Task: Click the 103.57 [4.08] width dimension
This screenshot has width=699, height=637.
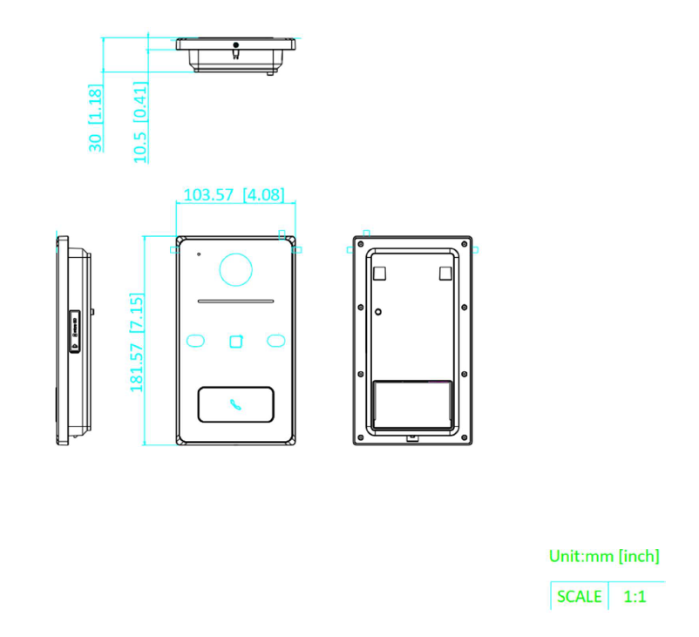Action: tap(234, 195)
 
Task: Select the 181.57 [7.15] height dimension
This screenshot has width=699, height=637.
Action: tap(137, 342)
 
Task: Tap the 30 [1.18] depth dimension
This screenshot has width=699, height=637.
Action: tap(95, 118)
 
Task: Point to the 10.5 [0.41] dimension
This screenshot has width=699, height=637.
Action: tap(140, 122)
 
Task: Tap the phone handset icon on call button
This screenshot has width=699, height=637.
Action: tap(235, 404)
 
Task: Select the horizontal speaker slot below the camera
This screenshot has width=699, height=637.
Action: tap(235, 302)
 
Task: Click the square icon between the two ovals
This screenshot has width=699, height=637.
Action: tap(236, 341)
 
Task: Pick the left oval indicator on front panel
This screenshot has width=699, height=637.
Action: tap(195, 341)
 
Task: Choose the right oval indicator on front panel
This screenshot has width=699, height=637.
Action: tap(276, 341)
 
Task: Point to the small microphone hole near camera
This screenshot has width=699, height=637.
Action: tap(199, 254)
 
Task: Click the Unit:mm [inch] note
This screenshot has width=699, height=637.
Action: tap(604, 556)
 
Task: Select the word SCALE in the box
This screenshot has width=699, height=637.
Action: tap(579, 596)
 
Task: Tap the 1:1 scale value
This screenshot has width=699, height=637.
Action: tap(635, 596)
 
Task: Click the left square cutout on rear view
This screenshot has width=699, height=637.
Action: tap(379, 274)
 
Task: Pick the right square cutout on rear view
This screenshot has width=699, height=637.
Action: tap(445, 274)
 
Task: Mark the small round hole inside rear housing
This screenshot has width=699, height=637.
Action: tap(378, 312)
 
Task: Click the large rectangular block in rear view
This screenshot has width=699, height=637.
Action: tap(412, 404)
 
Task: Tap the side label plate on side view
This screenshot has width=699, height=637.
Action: tap(74, 332)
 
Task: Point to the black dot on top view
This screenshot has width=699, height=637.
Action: tap(236, 45)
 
